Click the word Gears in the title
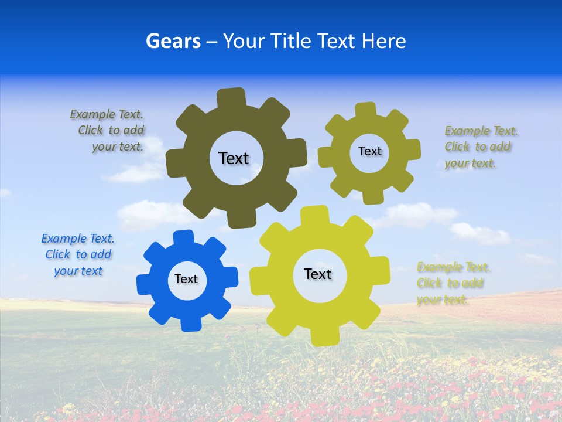(x=173, y=41)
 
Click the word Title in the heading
(x=291, y=41)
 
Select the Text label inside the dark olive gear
(x=234, y=158)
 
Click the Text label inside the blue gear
(x=186, y=279)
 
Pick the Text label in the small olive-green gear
(x=369, y=151)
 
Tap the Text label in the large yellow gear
(x=318, y=274)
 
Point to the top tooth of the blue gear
(x=184, y=238)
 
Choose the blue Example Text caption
(x=78, y=255)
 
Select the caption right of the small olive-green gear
(x=478, y=147)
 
